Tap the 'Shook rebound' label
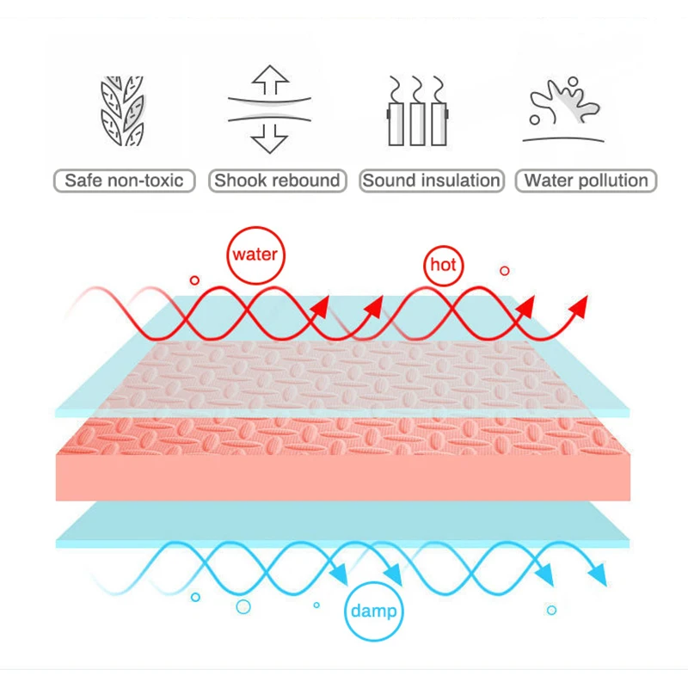(277, 181)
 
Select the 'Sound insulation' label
(431, 181)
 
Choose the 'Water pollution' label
(586, 181)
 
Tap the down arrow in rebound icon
(270, 138)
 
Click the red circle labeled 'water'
(255, 255)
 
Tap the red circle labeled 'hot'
(443, 266)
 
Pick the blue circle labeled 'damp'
(374, 611)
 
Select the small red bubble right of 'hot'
(505, 271)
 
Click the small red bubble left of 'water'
(194, 280)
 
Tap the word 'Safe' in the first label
(83, 181)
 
